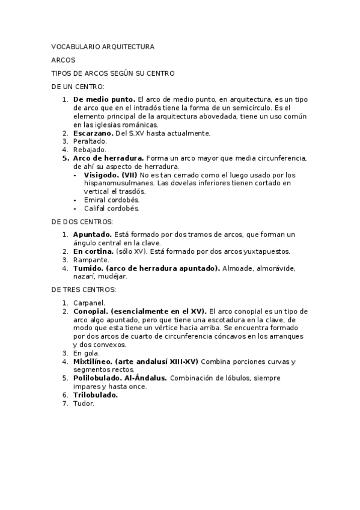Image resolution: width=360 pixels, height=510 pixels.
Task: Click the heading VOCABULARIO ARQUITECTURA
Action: tap(102, 46)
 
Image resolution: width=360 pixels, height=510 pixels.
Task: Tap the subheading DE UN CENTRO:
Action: tap(78, 87)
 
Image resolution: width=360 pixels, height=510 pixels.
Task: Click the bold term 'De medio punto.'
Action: tap(104, 98)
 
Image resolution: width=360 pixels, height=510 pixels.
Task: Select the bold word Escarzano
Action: tap(93, 132)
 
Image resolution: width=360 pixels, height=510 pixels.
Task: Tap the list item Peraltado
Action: tap(90, 141)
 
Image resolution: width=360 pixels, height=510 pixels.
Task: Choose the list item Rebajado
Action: tap(89, 149)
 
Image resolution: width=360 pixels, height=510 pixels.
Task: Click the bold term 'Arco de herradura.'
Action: tap(108, 158)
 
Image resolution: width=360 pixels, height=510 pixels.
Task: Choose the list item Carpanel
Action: tap(90, 303)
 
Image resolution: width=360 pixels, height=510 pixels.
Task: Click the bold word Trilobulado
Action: tap(96, 395)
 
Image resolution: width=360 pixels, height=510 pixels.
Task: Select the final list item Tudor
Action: tap(84, 404)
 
